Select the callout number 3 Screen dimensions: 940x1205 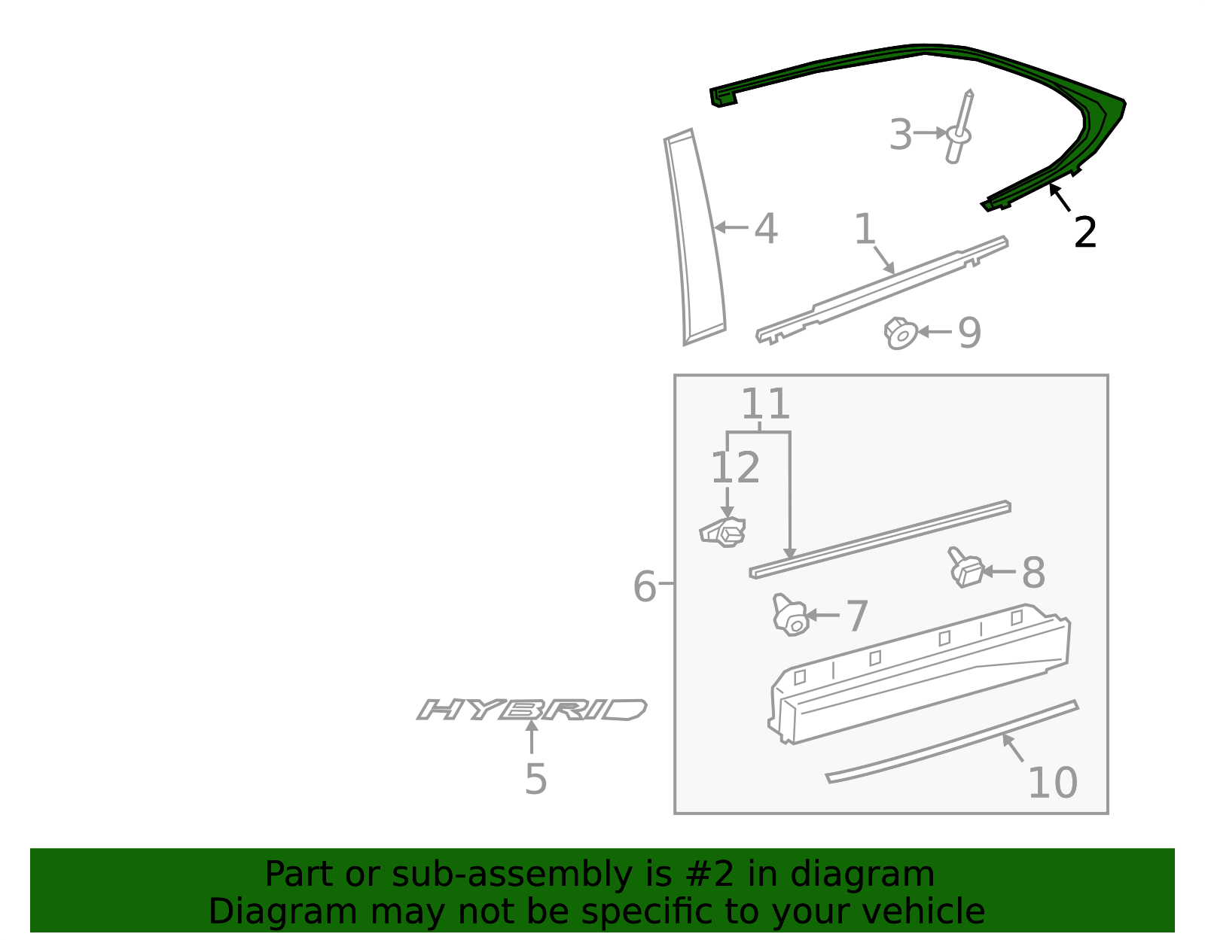(900, 135)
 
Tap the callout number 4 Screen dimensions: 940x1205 (766, 228)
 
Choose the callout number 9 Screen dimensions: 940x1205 (969, 333)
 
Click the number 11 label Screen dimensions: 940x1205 (765, 405)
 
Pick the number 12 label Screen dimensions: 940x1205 (735, 468)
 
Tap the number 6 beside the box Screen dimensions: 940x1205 (645, 586)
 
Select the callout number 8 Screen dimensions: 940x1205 (1033, 573)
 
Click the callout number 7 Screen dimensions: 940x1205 (857, 616)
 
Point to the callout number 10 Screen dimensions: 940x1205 (1052, 783)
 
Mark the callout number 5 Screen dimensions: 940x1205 (535, 779)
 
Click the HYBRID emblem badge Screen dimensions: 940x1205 (532, 709)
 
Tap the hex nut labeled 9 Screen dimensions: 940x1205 (901, 333)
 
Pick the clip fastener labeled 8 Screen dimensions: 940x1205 (966, 569)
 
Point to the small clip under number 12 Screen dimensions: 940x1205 (724, 533)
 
